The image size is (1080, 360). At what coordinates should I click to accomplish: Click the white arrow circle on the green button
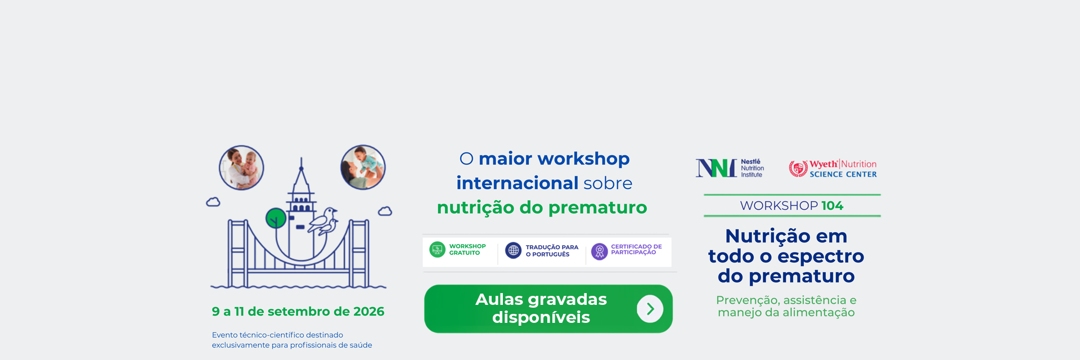(x=650, y=309)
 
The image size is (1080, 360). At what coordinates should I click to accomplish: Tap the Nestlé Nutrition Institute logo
(x=730, y=168)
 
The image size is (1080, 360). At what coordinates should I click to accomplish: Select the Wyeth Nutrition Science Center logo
(x=832, y=168)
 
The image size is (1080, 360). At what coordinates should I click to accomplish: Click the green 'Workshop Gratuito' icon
(x=437, y=249)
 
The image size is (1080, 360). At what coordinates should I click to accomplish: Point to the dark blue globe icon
(x=513, y=250)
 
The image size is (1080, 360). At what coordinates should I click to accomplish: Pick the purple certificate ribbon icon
(x=600, y=251)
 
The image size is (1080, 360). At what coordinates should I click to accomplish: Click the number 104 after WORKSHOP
(x=832, y=206)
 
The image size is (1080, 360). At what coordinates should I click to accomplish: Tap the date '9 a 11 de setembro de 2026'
(x=298, y=312)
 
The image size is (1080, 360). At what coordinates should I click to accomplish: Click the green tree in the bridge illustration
(x=276, y=218)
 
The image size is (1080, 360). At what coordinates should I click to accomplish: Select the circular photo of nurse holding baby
(x=241, y=168)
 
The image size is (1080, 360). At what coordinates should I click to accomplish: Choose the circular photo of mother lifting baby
(x=363, y=167)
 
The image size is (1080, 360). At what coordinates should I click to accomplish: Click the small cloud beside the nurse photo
(x=213, y=202)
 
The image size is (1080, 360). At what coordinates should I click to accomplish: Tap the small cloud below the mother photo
(x=385, y=211)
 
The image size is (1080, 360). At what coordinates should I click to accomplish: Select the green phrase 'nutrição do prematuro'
(x=542, y=208)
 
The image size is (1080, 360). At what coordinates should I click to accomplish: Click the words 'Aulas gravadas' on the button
(x=541, y=299)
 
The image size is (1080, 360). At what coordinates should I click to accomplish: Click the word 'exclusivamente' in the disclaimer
(x=241, y=345)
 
